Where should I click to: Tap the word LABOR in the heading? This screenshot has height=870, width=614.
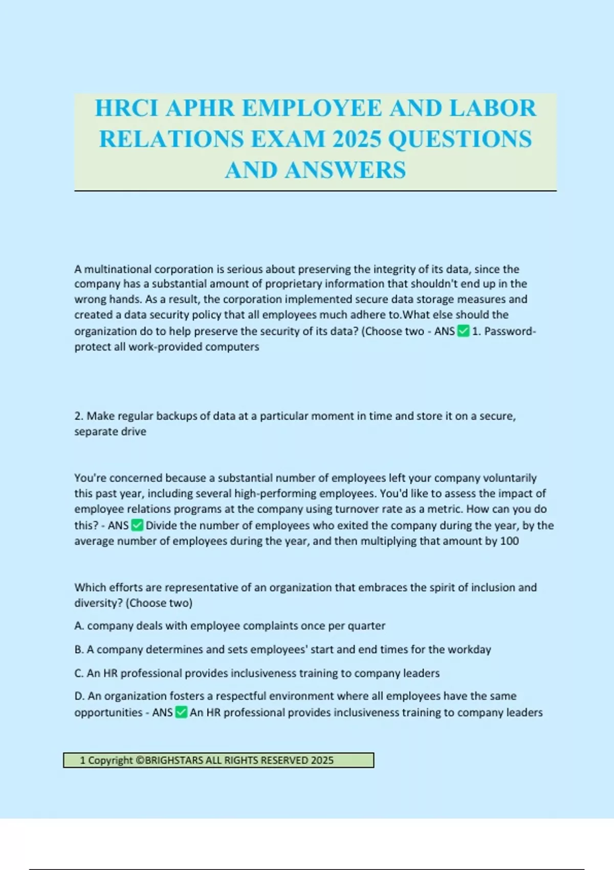pyautogui.click(x=493, y=108)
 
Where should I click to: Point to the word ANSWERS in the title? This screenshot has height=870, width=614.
pyautogui.click(x=345, y=170)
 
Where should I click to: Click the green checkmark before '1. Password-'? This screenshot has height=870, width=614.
pyautogui.click(x=463, y=331)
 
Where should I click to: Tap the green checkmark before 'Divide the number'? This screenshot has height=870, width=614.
pyautogui.click(x=137, y=525)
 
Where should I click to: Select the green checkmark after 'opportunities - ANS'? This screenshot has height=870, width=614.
pyautogui.click(x=181, y=712)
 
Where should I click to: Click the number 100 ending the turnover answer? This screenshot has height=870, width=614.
pyautogui.click(x=509, y=541)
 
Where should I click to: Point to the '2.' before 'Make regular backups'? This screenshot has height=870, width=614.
pyautogui.click(x=79, y=416)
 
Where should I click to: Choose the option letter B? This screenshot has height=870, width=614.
pyautogui.click(x=78, y=649)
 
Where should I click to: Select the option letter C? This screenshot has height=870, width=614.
pyautogui.click(x=78, y=673)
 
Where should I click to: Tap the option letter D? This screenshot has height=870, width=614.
pyautogui.click(x=79, y=696)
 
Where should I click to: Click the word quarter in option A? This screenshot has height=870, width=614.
pyautogui.click(x=366, y=626)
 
